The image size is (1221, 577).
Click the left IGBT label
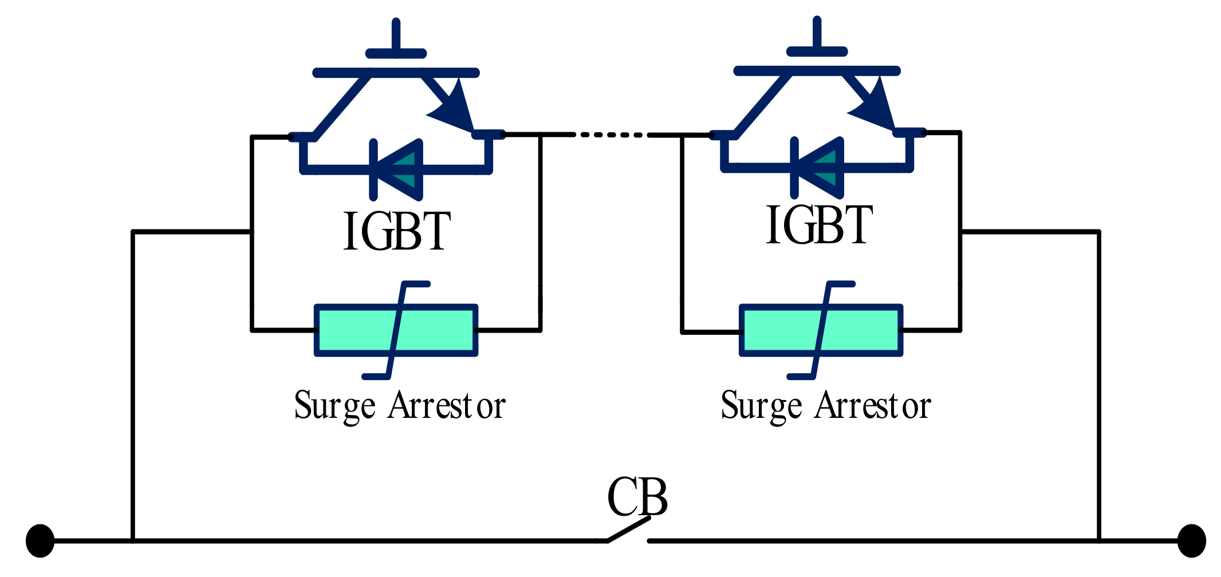point(397,231)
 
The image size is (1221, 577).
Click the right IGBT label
point(819,226)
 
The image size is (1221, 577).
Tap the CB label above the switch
point(637,497)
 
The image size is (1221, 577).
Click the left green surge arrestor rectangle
point(355,330)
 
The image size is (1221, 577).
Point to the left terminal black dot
point(40,540)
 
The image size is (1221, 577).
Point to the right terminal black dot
point(1191,540)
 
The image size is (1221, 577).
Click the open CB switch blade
point(629,529)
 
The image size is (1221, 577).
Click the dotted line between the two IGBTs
point(610,135)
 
